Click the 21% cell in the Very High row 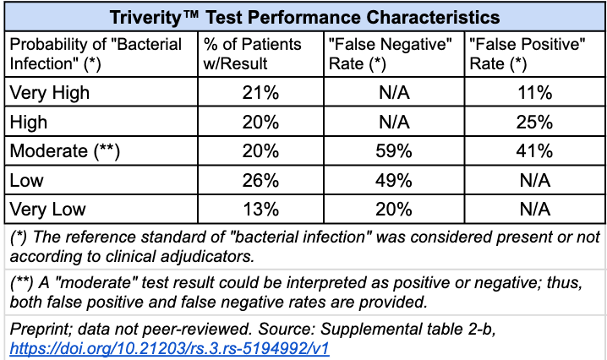point(260,92)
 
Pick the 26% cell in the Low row point(260,180)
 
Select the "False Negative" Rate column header point(392,53)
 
